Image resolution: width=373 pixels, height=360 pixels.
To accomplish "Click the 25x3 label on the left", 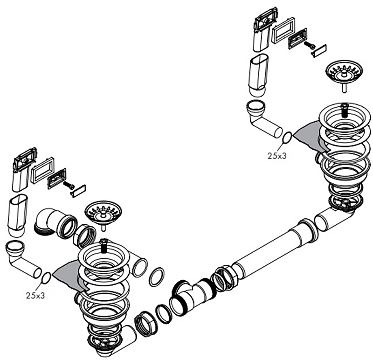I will [35, 295].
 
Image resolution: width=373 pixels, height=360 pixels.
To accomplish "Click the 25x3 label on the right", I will [276, 156].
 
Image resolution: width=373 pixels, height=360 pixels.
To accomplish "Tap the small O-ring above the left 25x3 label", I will [46, 278].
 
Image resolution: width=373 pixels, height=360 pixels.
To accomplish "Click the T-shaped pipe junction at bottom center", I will [191, 297].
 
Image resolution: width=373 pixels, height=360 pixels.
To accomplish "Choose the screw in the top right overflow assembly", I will [308, 46].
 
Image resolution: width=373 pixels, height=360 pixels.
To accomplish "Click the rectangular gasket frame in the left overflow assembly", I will [42, 169].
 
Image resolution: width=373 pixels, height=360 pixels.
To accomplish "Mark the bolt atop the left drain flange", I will [104, 245].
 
